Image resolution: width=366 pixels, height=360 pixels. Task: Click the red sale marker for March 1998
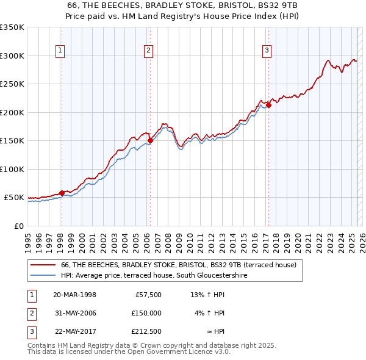pyautogui.click(x=62, y=193)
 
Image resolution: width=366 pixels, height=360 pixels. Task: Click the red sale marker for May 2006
pyautogui.click(x=150, y=140)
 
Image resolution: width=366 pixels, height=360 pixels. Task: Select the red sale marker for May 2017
pyautogui.click(x=268, y=105)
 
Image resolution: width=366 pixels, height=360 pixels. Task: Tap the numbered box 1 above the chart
pyautogui.click(x=61, y=51)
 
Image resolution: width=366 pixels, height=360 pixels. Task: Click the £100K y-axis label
pyautogui.click(x=12, y=169)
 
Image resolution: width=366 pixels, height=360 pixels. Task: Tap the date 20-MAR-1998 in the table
pyautogui.click(x=74, y=295)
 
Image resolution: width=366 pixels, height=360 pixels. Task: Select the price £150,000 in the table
pyautogui.click(x=146, y=313)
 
